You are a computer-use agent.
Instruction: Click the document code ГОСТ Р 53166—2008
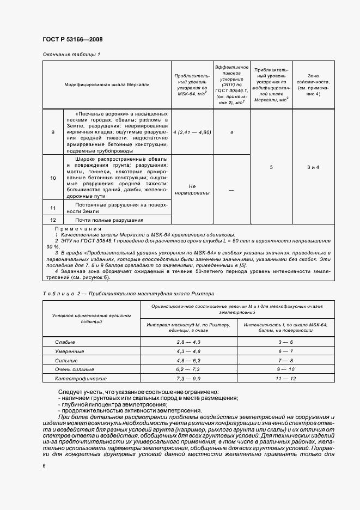(x=72, y=39)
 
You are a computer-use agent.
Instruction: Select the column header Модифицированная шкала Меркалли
(x=107, y=84)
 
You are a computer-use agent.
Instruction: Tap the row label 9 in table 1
(x=53, y=132)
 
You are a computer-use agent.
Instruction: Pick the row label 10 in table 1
(x=53, y=178)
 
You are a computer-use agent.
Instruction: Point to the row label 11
(x=53, y=208)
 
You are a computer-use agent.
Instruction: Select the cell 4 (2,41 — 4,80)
(x=190, y=132)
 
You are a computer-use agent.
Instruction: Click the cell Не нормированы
(x=190, y=189)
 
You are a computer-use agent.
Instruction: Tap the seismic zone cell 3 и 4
(x=313, y=167)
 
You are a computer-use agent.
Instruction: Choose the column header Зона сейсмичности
(x=313, y=84)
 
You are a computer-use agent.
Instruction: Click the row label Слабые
(x=65, y=342)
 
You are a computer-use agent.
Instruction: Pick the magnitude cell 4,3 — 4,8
(x=189, y=351)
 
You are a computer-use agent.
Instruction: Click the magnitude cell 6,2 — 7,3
(x=189, y=369)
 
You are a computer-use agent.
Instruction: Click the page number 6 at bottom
(x=44, y=466)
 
